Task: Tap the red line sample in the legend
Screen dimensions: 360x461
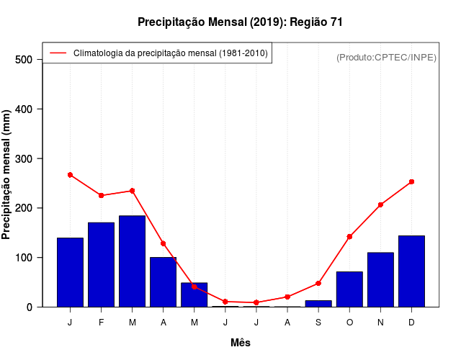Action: (x=58, y=53)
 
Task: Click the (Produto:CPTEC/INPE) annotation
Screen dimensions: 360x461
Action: (x=386, y=57)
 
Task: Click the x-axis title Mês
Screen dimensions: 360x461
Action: (x=241, y=343)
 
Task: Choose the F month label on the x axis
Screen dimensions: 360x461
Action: (x=101, y=322)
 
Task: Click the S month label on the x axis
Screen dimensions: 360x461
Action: (x=318, y=322)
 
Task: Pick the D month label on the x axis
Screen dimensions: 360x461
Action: (x=411, y=322)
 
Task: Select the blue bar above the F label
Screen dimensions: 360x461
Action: (x=101, y=265)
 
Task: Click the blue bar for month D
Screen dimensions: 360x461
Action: (x=411, y=271)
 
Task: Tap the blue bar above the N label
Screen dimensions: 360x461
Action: (x=380, y=279)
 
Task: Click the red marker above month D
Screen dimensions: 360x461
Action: (x=411, y=182)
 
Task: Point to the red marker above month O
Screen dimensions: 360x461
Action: (x=349, y=236)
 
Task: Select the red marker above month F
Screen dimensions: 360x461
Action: (x=101, y=195)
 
